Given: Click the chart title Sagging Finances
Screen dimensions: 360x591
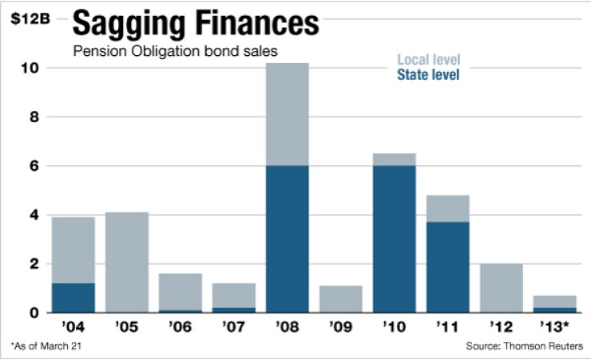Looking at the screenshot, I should pos(195,24).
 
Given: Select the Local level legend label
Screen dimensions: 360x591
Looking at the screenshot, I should pos(428,60).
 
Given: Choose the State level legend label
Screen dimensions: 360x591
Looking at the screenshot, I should pos(428,74).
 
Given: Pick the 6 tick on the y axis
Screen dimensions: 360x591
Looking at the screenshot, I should pos(33,166).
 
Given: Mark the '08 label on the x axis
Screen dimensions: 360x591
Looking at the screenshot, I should pos(288,327).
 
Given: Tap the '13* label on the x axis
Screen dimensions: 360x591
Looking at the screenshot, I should pos(553,327).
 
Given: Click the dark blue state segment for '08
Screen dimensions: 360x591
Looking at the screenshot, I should pos(288,239).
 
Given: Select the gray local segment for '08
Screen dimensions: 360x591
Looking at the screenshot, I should pos(288,114).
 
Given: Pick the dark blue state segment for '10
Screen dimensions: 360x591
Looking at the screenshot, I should pos(395,239).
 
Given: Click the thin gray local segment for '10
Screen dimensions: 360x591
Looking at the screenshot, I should pos(395,160).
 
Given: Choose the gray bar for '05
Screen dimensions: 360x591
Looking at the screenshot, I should pos(127,262).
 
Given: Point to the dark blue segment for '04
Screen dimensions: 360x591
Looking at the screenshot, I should pos(73,298).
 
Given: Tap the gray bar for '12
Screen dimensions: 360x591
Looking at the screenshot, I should pos(502,287).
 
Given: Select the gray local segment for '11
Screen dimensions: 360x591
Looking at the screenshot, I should pos(448,209).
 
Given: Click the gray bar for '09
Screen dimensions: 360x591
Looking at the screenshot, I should pos(341,299).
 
